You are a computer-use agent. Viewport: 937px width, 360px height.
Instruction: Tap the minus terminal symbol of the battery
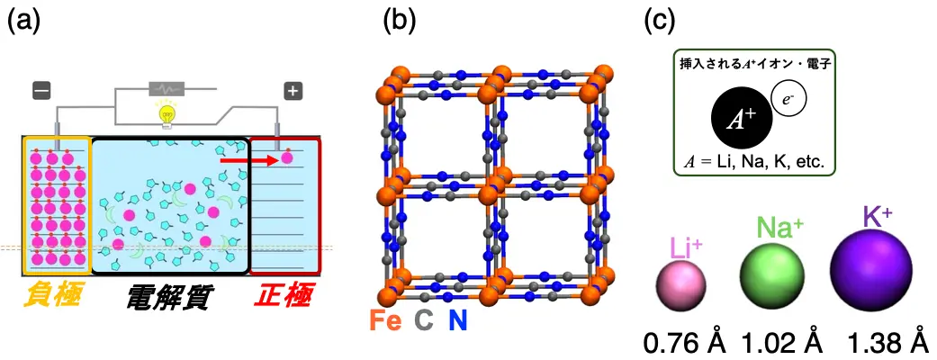[x=41, y=90]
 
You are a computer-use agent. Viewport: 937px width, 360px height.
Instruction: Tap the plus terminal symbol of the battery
[x=292, y=90]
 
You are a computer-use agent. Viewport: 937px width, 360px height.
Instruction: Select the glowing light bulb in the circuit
[x=166, y=112]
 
